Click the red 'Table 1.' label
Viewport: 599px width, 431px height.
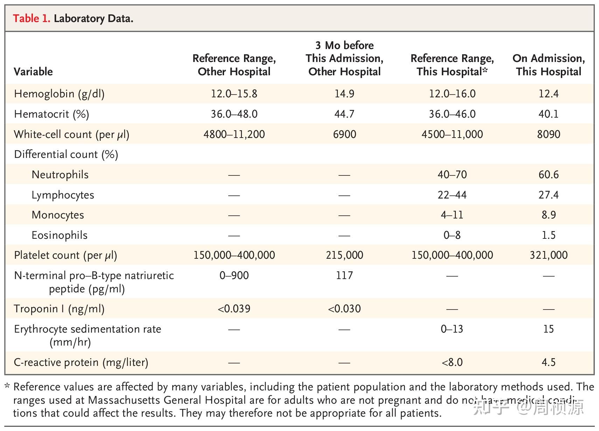click(32, 18)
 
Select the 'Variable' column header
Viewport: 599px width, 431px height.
click(33, 72)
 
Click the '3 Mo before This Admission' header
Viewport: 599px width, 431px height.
click(344, 58)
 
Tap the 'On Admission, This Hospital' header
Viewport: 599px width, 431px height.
click(548, 65)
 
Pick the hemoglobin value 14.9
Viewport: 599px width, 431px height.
click(344, 94)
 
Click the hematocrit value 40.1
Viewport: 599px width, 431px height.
click(548, 114)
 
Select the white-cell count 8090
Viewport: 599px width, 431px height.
click(548, 134)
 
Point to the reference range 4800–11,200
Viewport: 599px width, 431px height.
click(234, 134)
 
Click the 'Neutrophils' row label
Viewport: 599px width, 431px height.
click(60, 175)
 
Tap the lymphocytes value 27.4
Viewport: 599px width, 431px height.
click(548, 195)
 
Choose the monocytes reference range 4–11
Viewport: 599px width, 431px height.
click(452, 215)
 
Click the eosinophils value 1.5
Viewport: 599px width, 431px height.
click(548, 235)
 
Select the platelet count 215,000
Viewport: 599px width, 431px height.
click(344, 255)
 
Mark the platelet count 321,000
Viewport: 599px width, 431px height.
click(548, 255)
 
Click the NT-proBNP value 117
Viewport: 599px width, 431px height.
click(344, 276)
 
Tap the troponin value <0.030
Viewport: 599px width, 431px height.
click(344, 309)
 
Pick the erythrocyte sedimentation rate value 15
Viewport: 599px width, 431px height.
click(548, 329)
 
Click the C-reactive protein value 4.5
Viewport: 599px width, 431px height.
click(548, 362)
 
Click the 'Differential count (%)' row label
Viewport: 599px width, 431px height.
click(66, 154)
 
